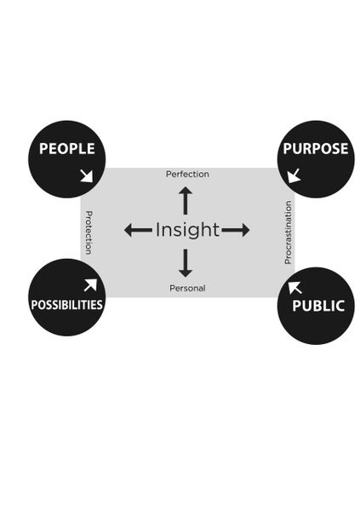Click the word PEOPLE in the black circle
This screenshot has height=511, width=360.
tap(66, 148)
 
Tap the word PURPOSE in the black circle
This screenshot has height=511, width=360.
tap(316, 148)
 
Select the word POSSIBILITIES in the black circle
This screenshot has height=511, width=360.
tap(66, 305)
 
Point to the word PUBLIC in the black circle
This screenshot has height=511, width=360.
tap(318, 306)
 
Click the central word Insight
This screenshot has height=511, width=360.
tap(187, 231)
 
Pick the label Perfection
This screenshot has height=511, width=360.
tap(187, 175)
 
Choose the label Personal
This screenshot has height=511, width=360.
tap(187, 288)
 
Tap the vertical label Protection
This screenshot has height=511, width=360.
tap(89, 233)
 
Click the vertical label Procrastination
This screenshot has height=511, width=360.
tap(288, 233)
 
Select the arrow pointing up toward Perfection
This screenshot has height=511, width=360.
tap(186, 200)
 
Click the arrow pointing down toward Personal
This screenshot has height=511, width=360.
tap(186, 263)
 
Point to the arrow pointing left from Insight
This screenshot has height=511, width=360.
tap(138, 230)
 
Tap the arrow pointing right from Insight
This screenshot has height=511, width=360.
tap(236, 230)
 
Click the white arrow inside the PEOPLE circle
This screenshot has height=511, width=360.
tap(87, 176)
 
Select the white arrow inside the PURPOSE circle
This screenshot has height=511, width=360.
tap(294, 176)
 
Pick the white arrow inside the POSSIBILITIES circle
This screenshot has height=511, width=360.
tap(90, 284)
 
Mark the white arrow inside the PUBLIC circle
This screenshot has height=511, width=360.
tap(294, 288)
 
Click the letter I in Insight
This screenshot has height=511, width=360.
tap(157, 229)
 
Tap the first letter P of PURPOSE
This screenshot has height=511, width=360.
tap(287, 148)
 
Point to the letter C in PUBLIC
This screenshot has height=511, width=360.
tap(340, 306)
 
